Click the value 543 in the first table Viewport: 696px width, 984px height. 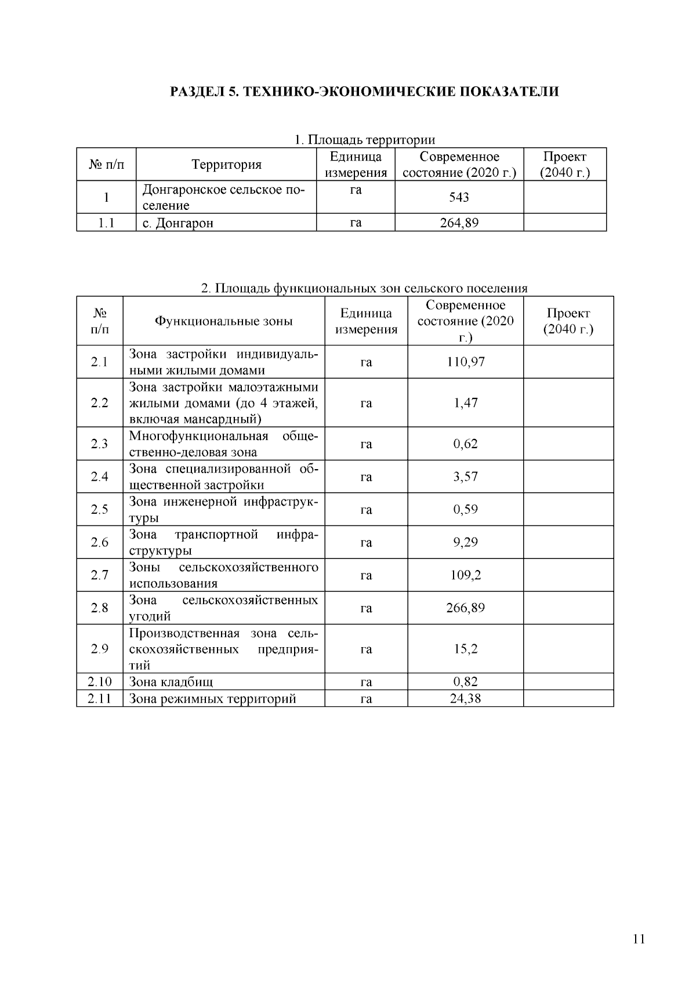(x=459, y=197)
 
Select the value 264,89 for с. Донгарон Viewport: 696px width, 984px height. (x=459, y=223)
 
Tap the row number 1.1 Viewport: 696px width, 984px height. (x=106, y=223)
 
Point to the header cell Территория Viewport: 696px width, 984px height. (x=227, y=165)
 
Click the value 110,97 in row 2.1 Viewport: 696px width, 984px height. (x=465, y=362)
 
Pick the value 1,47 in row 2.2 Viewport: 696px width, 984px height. (x=465, y=402)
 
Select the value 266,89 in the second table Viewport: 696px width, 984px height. (x=465, y=608)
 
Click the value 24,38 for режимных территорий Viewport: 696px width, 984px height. (x=465, y=699)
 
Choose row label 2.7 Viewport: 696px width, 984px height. (x=99, y=575)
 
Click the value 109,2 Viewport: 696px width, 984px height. (x=465, y=575)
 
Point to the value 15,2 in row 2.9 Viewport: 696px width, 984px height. (x=465, y=649)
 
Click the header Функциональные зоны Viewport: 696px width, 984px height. (x=223, y=321)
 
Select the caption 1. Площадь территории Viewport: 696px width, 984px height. (x=364, y=140)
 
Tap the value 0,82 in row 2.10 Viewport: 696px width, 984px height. (x=465, y=682)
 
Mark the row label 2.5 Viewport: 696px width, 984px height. (x=99, y=510)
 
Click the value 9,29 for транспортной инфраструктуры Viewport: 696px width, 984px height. (x=465, y=542)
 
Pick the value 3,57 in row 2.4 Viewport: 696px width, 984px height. (x=465, y=477)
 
